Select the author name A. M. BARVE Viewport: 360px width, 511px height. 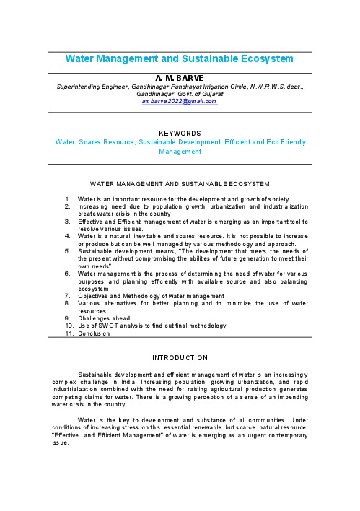180,76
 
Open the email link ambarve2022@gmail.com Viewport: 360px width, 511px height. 180,102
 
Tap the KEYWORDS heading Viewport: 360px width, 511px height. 180,134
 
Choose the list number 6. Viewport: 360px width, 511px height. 66,274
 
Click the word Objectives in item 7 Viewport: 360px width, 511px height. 95,297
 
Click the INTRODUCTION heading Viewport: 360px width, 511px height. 180,358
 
